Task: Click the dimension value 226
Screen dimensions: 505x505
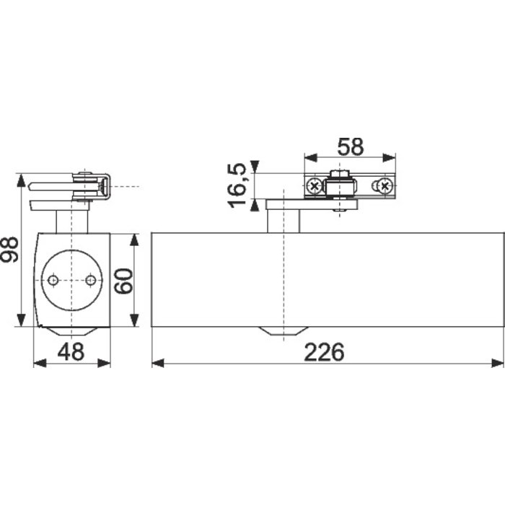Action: (x=324, y=352)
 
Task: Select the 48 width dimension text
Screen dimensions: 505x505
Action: (x=71, y=352)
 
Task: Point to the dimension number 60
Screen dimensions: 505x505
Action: (x=123, y=280)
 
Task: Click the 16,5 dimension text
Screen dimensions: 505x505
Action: (x=240, y=185)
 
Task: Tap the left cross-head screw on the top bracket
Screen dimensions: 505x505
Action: (x=315, y=188)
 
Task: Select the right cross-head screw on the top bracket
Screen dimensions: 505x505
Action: (x=385, y=188)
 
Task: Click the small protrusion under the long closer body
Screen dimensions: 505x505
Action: (x=281, y=330)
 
